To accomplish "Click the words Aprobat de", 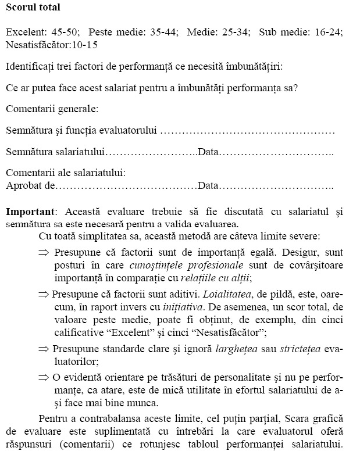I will click(30, 186).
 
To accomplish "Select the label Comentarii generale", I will click(51, 108).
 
